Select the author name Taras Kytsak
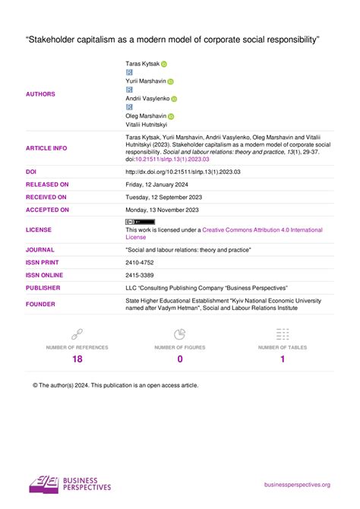[x=142, y=65]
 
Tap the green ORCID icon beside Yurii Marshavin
[x=171, y=82]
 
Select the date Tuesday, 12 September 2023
[x=163, y=197]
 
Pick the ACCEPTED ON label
[x=47, y=209]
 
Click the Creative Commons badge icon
[x=139, y=221]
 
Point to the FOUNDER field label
[x=40, y=305]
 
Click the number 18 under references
[x=77, y=359]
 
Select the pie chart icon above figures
[x=180, y=334]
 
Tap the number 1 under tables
[x=283, y=359]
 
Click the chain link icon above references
[x=77, y=334]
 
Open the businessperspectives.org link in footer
[x=297, y=485]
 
